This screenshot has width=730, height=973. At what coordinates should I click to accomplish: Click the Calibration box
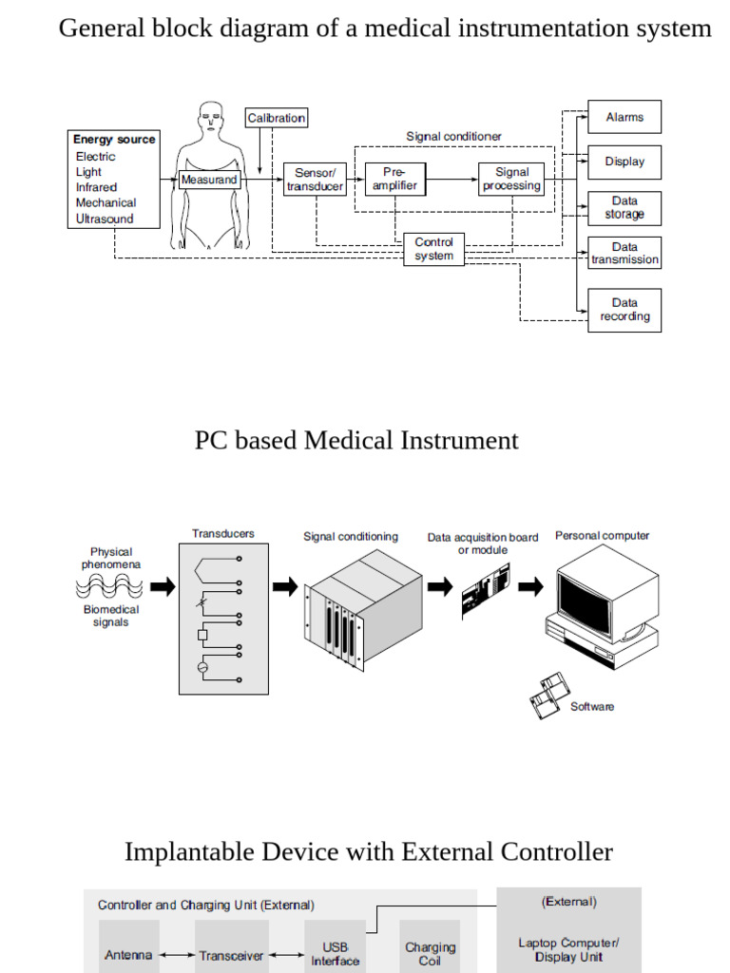(x=277, y=118)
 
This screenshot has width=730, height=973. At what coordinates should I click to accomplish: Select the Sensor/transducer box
(x=315, y=180)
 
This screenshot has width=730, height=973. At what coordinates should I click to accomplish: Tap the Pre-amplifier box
(x=394, y=180)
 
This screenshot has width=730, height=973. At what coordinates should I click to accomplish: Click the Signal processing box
(x=511, y=180)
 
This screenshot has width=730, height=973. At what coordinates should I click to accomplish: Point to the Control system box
(x=433, y=249)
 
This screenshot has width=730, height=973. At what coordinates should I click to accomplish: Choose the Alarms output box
(x=624, y=117)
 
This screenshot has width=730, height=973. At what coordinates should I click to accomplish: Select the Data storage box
(x=624, y=208)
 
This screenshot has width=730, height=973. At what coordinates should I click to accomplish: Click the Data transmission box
(x=624, y=254)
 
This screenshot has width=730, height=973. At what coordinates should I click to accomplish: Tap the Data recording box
(x=624, y=310)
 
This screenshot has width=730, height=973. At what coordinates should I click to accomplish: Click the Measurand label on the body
(x=209, y=180)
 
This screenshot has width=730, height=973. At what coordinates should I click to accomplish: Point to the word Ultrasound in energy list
(x=105, y=219)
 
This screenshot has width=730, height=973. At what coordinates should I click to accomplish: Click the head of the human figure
(x=210, y=120)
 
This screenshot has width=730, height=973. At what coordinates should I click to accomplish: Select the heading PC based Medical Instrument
(x=356, y=441)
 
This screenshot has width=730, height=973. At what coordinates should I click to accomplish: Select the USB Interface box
(x=335, y=953)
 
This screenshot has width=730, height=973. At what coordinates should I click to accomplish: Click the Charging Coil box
(x=430, y=953)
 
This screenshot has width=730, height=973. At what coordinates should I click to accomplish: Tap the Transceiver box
(x=231, y=955)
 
